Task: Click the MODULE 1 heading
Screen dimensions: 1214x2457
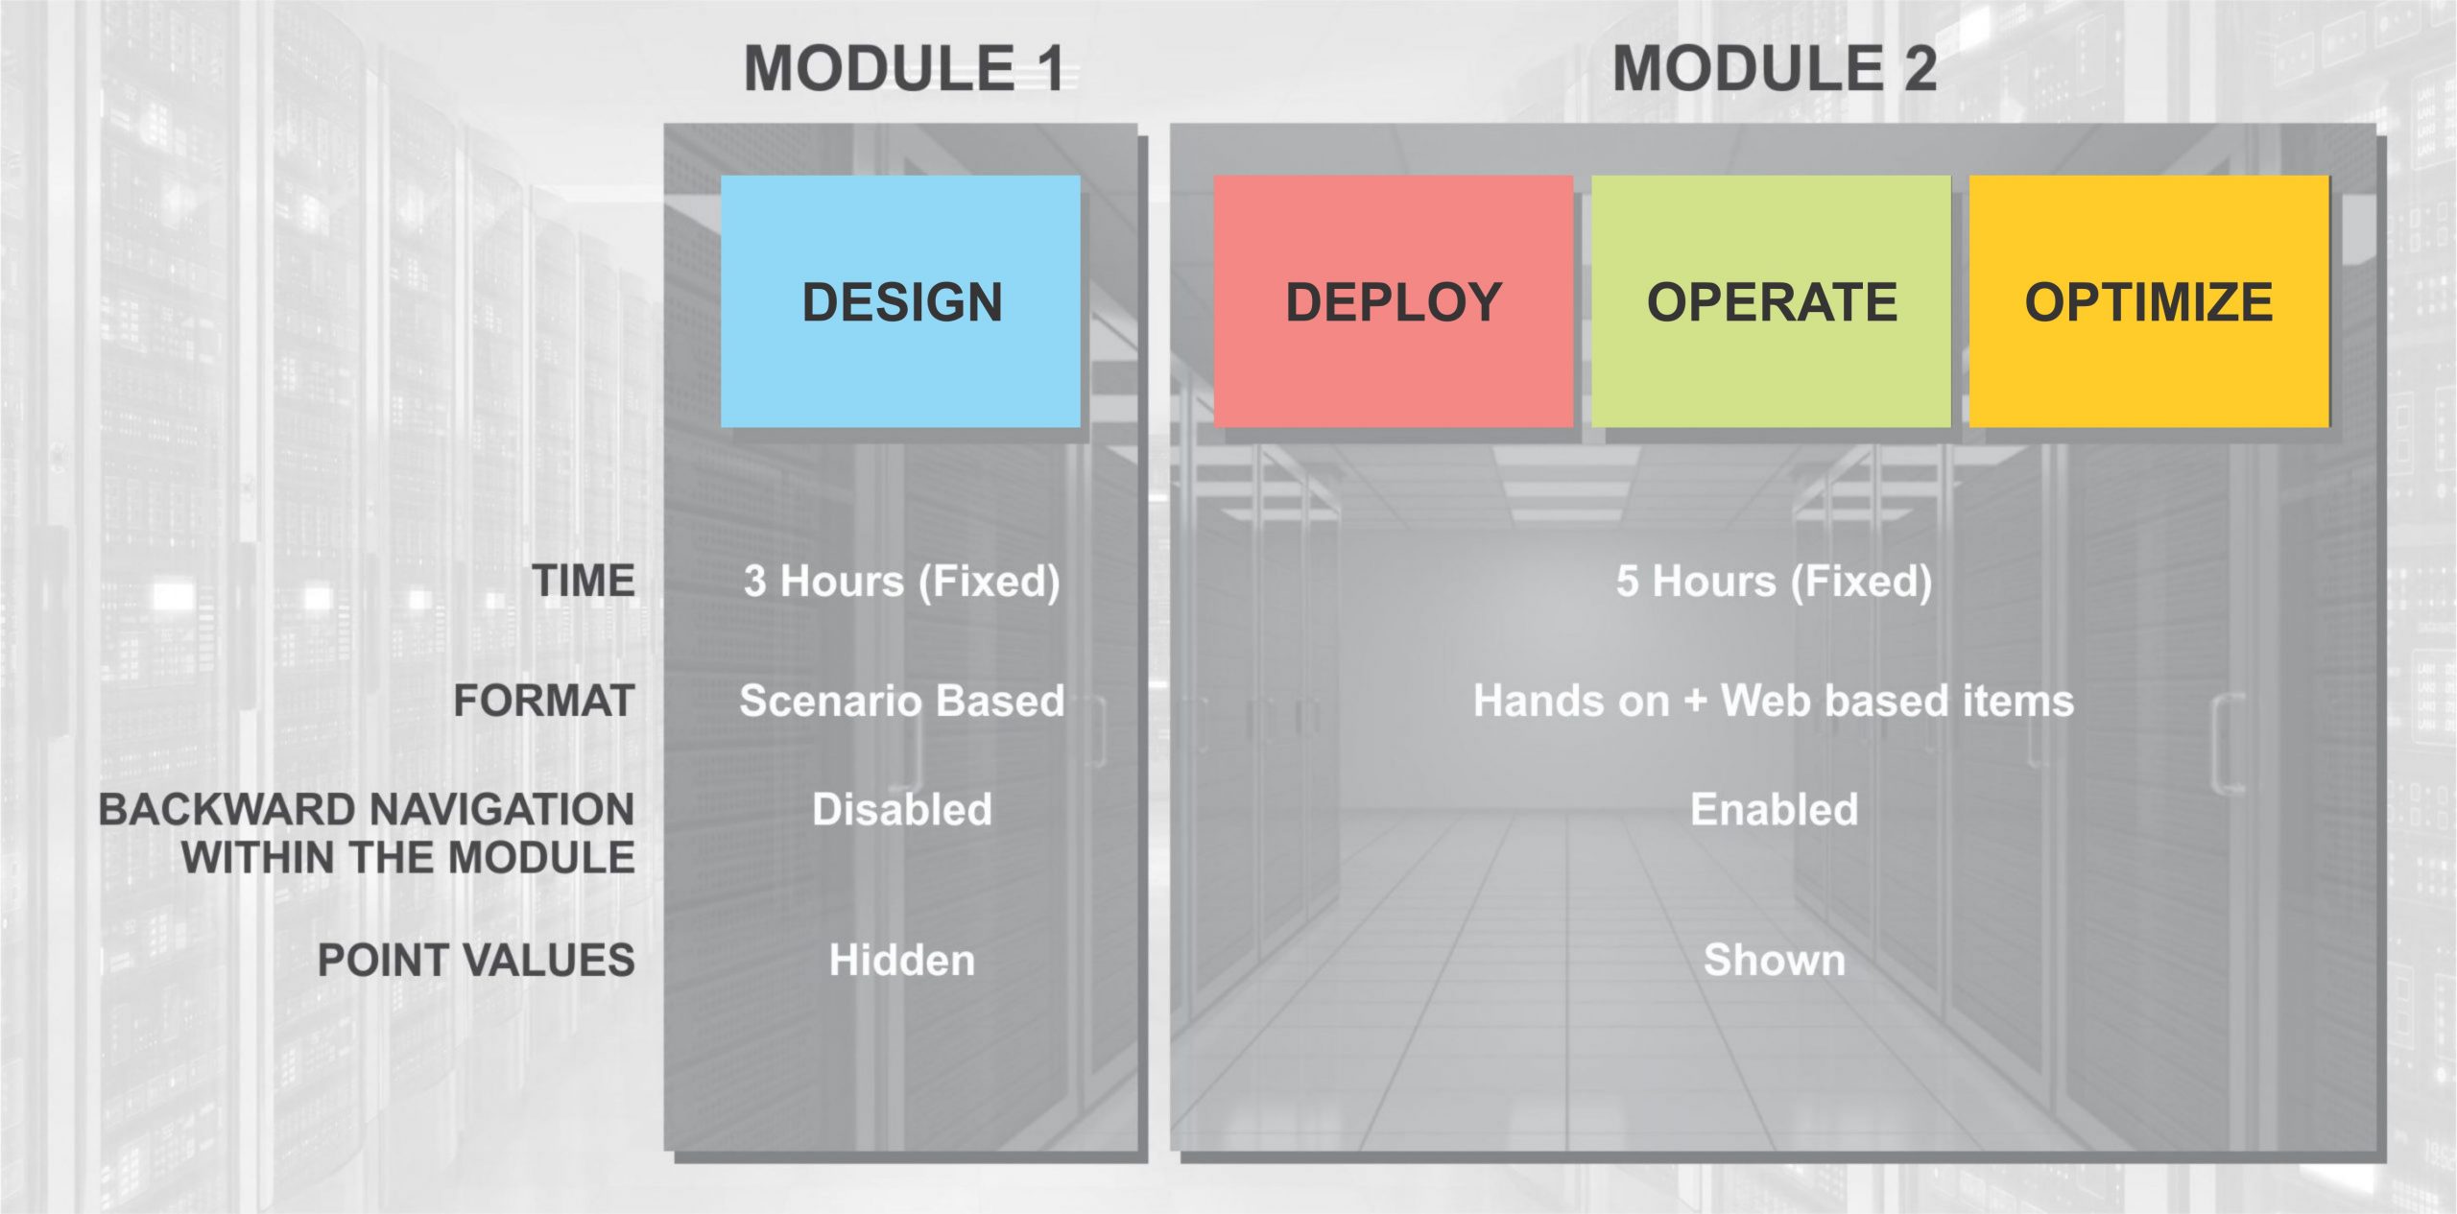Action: pos(903,69)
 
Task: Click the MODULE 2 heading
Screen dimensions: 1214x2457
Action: pos(1774,69)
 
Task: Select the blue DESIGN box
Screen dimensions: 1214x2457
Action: pos(900,301)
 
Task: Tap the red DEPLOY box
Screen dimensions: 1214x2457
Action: pos(1393,301)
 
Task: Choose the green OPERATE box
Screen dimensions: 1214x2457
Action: pos(1771,301)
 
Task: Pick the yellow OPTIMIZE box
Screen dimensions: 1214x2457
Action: pos(2149,301)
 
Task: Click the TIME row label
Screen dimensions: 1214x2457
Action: pos(584,581)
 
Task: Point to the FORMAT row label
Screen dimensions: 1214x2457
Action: pos(544,701)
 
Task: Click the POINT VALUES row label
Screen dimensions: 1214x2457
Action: pos(476,960)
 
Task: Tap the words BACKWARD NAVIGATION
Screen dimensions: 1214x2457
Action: pos(367,810)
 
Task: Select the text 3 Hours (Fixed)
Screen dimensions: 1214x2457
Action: pos(901,582)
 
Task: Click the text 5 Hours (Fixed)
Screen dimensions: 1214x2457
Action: pos(1774,582)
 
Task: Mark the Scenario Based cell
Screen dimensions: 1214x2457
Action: pos(901,701)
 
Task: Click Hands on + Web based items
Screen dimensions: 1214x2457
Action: pos(1774,701)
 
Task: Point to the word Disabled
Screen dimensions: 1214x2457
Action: pos(901,810)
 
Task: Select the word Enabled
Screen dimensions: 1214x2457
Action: pos(1774,810)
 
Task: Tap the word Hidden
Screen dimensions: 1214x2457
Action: pos(901,960)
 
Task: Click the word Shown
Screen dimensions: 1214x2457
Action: pos(1774,960)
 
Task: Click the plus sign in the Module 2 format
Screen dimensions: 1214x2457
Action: pos(1695,702)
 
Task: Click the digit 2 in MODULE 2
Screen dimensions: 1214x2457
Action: pos(1920,69)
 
